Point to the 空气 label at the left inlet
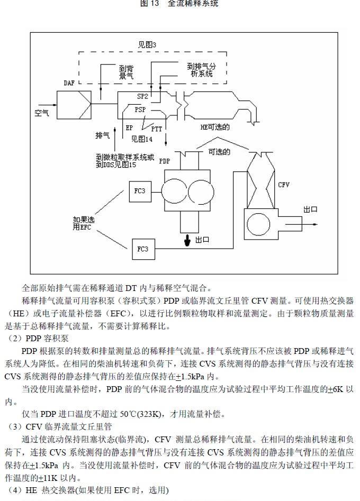[x=42, y=113]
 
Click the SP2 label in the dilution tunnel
[x=142, y=97]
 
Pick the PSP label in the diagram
[x=140, y=110]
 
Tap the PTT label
[x=157, y=129]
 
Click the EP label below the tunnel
[x=129, y=127]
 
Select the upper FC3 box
[x=139, y=190]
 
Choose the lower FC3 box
[x=143, y=248]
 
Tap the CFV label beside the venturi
[x=284, y=185]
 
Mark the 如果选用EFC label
[x=84, y=223]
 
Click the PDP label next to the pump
[x=165, y=161]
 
